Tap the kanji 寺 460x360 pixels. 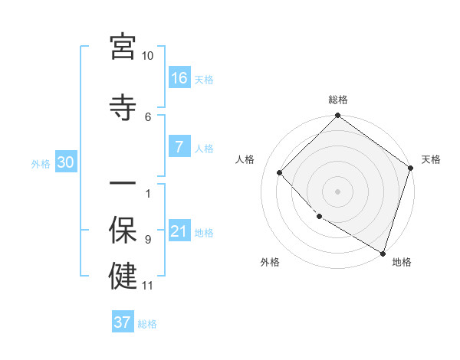pyautogui.click(x=123, y=106)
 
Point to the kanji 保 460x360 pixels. pyautogui.click(x=123, y=229)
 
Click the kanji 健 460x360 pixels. pyautogui.click(x=123, y=275)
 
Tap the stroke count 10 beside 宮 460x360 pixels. pyautogui.click(x=148, y=56)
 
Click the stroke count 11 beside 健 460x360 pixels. pyautogui.click(x=148, y=286)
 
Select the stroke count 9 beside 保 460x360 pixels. pyautogui.click(x=148, y=240)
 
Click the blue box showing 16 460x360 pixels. pyautogui.click(x=179, y=78)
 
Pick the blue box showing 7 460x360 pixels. pyautogui.click(x=179, y=148)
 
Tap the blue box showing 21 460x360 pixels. pyautogui.click(x=179, y=232)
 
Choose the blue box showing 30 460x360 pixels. pyautogui.click(x=65, y=162)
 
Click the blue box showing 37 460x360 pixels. pyautogui.click(x=123, y=322)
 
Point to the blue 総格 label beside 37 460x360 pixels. pyautogui.click(x=148, y=324)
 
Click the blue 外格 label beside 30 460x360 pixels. pyautogui.click(x=41, y=163)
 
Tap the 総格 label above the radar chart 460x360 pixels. pyautogui.click(x=338, y=100)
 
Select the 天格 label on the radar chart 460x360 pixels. pyautogui.click(x=431, y=159)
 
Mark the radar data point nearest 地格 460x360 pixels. pyautogui.click(x=383, y=252)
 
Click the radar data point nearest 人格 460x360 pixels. pyautogui.click(x=280, y=172)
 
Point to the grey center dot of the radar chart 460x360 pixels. pyautogui.click(x=338, y=191)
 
